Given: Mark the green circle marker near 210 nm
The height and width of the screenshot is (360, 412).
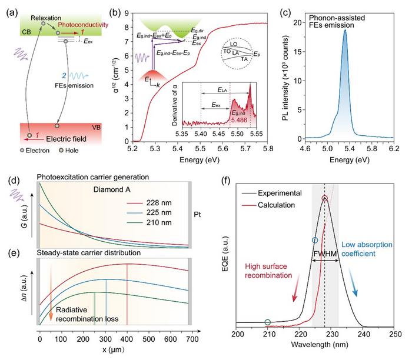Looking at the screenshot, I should pos(268,322).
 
